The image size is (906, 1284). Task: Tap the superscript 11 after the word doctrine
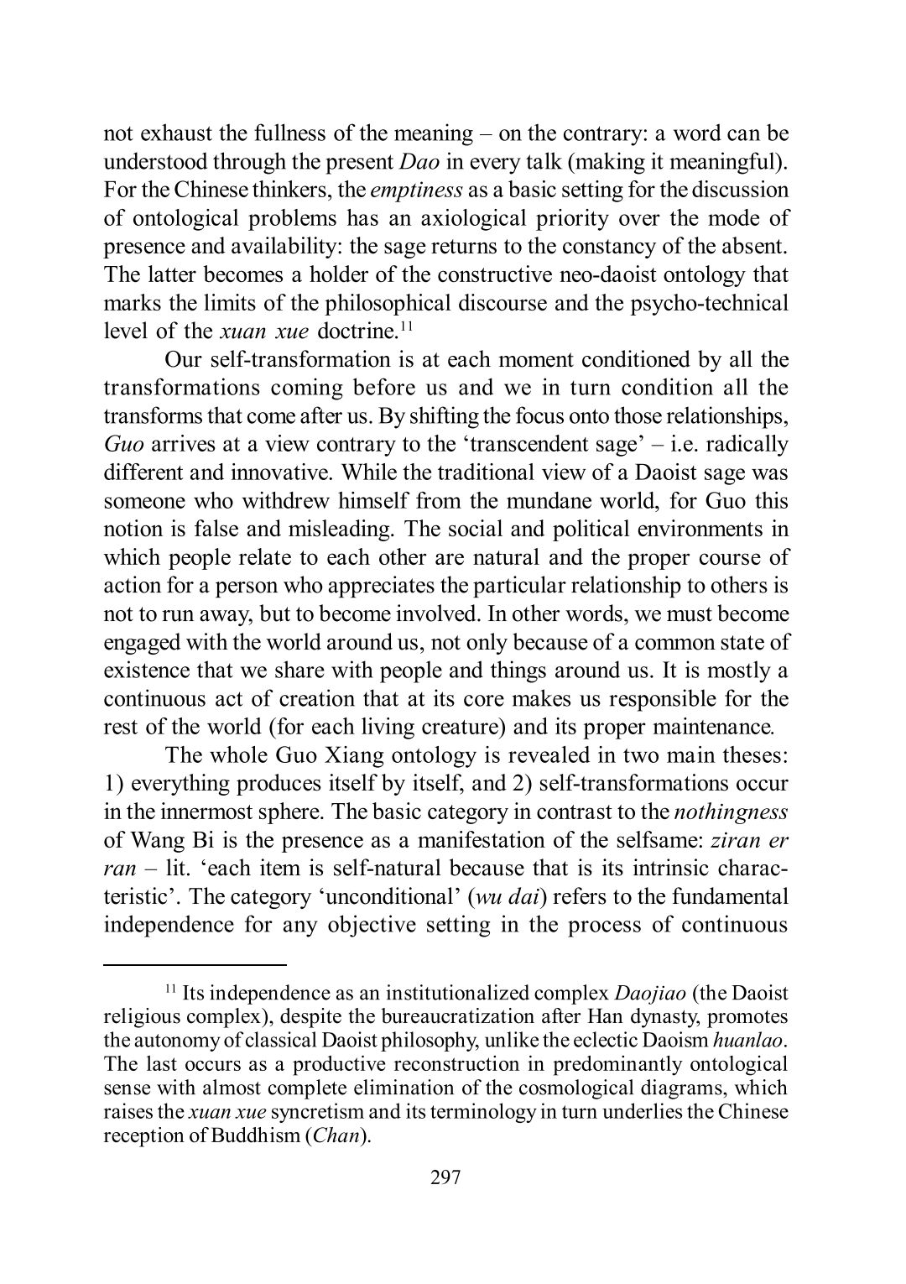tap(405, 326)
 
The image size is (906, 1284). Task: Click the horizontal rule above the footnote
tap(195, 964)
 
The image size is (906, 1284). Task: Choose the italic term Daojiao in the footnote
tap(650, 994)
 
